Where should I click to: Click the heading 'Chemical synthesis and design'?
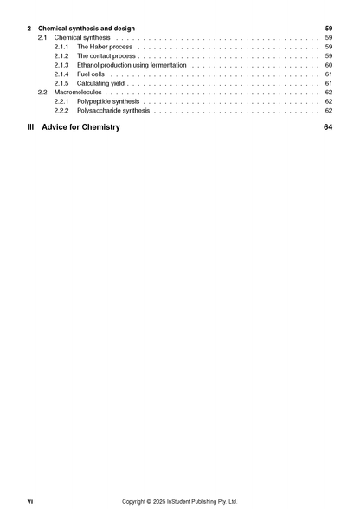pos(87,29)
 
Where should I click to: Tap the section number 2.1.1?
pos(61,47)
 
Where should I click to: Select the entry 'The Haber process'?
pos(105,47)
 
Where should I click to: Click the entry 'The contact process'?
pos(106,56)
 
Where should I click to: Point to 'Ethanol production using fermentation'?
pos(132,65)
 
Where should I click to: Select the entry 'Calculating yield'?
pos(102,83)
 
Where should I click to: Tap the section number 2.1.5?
pos(61,83)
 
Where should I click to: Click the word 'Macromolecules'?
pos(78,93)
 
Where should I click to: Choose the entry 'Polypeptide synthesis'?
pos(108,101)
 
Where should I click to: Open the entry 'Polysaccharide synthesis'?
pos(113,111)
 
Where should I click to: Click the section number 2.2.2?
pos(61,111)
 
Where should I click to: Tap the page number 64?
pos(328,127)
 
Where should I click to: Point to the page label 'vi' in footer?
pos(30,501)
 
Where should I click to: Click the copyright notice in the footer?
pos(179,501)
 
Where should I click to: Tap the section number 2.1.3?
pos(61,65)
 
